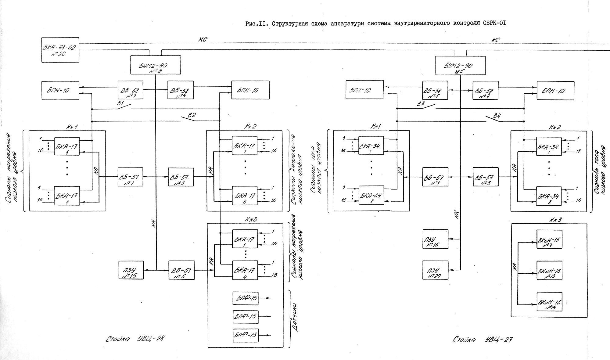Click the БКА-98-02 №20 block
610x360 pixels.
[60, 50]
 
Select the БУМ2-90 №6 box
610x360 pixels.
[156, 65]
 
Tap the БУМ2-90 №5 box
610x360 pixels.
[460, 65]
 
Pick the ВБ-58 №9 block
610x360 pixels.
[181, 90]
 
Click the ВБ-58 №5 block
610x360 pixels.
[435, 90]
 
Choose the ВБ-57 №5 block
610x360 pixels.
[181, 270]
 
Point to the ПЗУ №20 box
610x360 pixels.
[435, 270]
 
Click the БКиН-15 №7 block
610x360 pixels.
[549, 239]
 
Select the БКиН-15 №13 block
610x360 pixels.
[549, 270]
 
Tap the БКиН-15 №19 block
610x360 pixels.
[549, 301]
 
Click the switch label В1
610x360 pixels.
[120, 104]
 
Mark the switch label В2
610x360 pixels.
[192, 115]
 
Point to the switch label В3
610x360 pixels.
[421, 104]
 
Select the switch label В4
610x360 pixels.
[497, 116]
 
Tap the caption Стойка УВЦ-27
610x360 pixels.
[482, 340]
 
